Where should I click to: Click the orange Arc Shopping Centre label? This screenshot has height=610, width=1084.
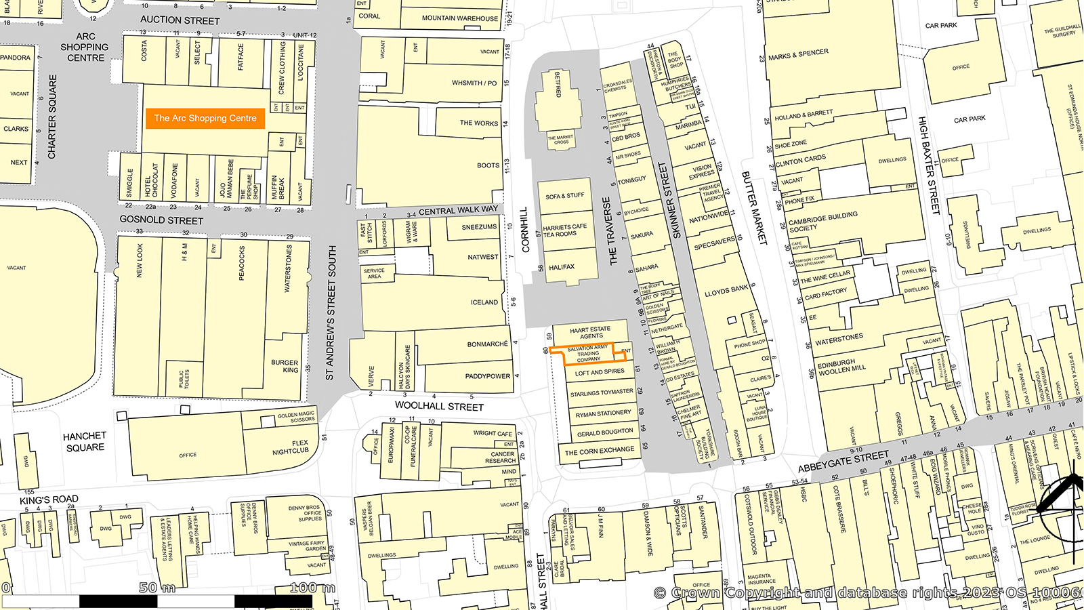[205, 118]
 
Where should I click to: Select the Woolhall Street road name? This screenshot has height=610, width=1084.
[439, 407]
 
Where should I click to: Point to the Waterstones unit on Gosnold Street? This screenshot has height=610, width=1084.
[287, 269]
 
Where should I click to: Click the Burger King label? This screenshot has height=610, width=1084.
[285, 366]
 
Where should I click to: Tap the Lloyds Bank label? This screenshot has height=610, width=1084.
[726, 291]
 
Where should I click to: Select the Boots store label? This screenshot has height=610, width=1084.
[488, 165]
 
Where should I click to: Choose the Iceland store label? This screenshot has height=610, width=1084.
[484, 302]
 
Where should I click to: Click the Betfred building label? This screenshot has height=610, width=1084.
[558, 85]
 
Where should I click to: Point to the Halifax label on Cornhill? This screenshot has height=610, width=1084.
[562, 267]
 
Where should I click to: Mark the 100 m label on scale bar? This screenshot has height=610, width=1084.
[312, 588]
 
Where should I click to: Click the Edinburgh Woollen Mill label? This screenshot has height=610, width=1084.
[841, 367]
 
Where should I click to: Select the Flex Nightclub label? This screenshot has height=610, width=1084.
[291, 447]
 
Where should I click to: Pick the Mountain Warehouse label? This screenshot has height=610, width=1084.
[459, 18]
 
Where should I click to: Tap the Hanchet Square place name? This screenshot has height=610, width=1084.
[85, 441]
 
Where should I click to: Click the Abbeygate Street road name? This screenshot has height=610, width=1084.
[843, 462]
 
